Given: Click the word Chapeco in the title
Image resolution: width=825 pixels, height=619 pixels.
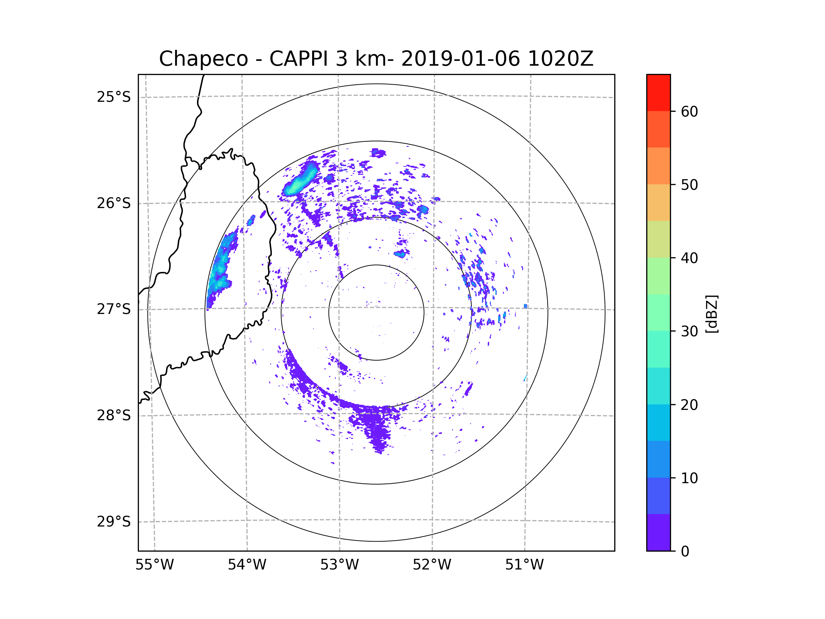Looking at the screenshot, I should click(x=203, y=59).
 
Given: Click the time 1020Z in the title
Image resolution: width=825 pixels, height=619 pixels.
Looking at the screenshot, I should click(x=560, y=59).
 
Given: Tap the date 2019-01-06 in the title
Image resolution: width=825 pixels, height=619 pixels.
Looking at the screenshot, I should click(x=460, y=59).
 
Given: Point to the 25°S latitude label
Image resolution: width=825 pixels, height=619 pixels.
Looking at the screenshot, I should click(x=114, y=97).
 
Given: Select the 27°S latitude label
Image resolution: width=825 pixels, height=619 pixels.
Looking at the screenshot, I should click(x=114, y=309).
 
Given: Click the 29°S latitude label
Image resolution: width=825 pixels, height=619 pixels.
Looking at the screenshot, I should click(x=114, y=522).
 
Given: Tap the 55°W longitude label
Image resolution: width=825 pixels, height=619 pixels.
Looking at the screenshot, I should click(x=154, y=565).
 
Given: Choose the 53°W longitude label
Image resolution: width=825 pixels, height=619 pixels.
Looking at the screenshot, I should click(x=339, y=565).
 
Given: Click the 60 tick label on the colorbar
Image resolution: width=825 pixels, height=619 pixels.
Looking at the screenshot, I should click(x=689, y=111).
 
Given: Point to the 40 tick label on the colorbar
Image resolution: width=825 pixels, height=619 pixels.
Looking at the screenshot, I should click(x=689, y=258).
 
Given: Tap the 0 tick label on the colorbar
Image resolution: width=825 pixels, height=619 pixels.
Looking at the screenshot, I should click(x=685, y=551).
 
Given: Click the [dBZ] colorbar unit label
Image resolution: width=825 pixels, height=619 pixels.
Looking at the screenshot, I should click(x=712, y=314).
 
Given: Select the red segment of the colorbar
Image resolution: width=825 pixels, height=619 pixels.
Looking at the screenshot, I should click(x=658, y=93).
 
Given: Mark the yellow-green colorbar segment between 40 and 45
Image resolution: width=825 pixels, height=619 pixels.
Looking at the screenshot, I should click(x=658, y=239).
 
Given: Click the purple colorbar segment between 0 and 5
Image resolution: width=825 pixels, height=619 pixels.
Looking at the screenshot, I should click(x=658, y=532).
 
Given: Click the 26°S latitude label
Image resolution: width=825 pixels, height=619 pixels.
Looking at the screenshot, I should click(x=114, y=203).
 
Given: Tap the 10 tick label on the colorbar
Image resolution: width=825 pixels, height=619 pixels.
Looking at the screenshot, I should click(x=689, y=478).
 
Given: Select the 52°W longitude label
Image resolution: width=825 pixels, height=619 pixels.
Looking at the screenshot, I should click(x=432, y=565).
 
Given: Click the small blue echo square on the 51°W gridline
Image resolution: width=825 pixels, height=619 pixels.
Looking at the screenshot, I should click(x=525, y=306).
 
